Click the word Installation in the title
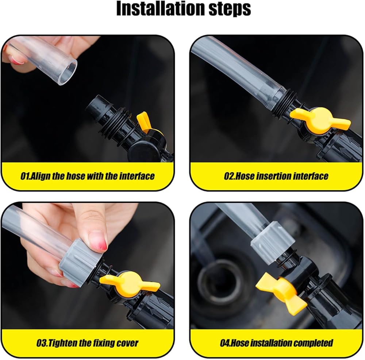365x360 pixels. click(160, 8)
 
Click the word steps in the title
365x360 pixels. click(230, 9)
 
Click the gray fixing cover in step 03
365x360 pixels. click(80, 260)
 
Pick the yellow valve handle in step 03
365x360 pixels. click(130, 282)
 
